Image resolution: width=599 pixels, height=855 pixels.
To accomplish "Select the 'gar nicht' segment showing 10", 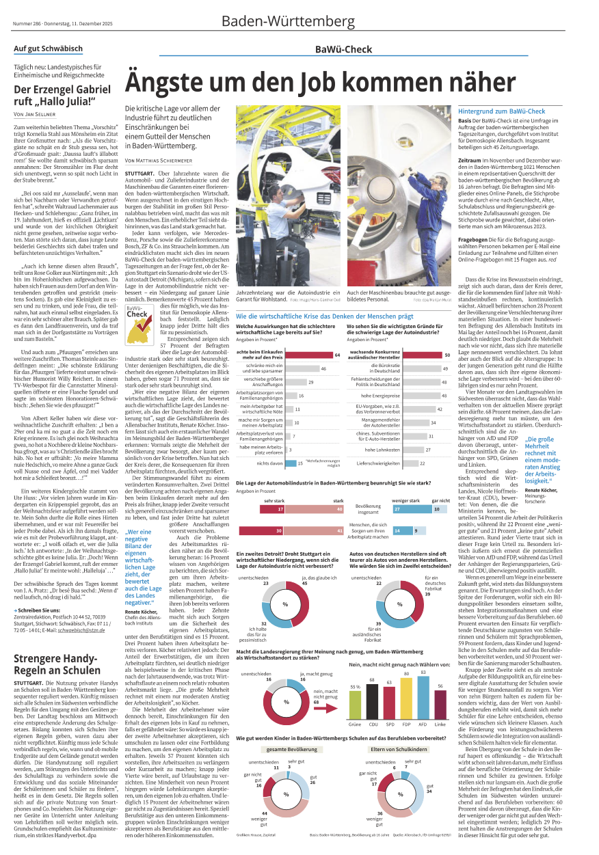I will [x=437, y=508].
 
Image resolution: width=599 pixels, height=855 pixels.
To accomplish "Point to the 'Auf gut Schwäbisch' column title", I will [x=49, y=49].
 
